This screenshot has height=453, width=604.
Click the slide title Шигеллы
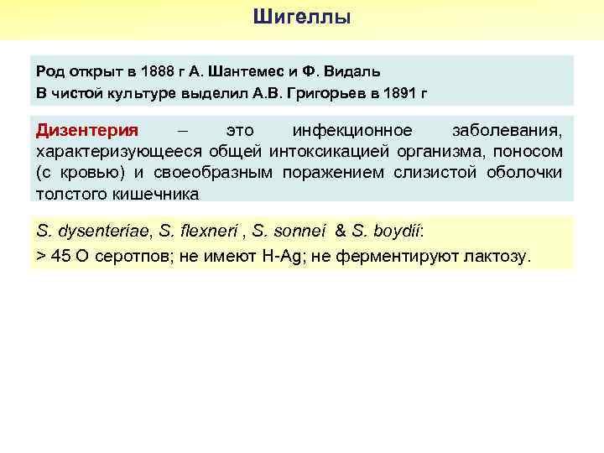click(x=302, y=17)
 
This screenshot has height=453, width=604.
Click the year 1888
click(x=159, y=70)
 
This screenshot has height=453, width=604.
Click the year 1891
click(x=397, y=92)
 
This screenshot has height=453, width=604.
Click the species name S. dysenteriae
click(x=90, y=231)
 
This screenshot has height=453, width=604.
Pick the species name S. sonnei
click(x=288, y=231)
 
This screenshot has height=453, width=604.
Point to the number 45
click(x=60, y=256)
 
